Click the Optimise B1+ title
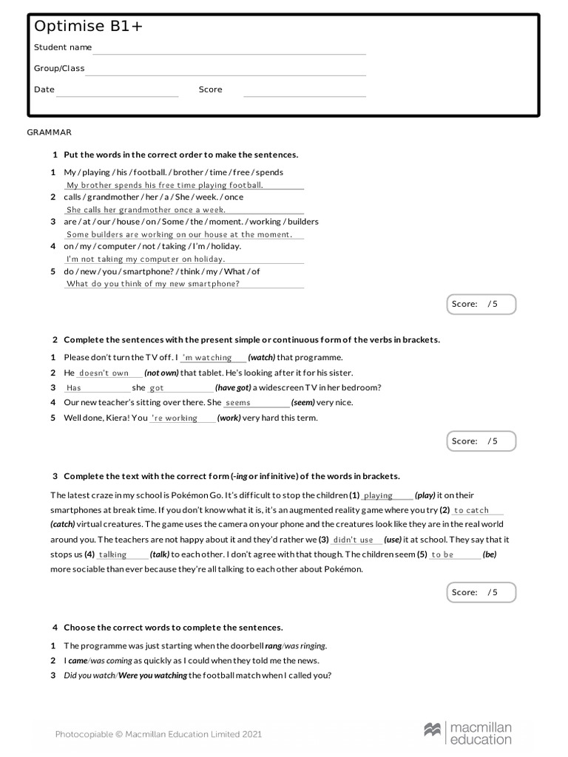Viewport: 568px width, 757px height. [x=89, y=27]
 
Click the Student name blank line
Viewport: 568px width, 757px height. [x=229, y=50]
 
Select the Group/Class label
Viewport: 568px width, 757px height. [x=59, y=69]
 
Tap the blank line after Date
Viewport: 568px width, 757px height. [x=117, y=92]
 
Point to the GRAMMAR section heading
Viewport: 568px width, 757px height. [x=50, y=132]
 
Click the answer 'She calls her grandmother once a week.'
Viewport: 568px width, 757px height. [x=146, y=210]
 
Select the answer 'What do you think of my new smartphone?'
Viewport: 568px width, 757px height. [x=153, y=284]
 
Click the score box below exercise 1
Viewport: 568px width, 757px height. [x=481, y=304]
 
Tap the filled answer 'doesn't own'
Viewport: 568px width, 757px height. [x=104, y=373]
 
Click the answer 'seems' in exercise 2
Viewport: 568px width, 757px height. [x=238, y=403]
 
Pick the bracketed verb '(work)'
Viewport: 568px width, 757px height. [x=230, y=418]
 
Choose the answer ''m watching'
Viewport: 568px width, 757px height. [x=207, y=358]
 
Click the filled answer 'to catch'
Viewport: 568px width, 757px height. [x=471, y=511]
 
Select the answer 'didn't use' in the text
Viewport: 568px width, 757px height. [x=354, y=540]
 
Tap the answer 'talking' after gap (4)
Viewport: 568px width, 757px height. [x=113, y=554]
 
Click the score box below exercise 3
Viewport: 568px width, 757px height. [x=481, y=592]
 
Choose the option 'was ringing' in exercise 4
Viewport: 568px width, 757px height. [x=305, y=645]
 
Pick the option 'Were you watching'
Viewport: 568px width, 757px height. [x=153, y=676]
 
